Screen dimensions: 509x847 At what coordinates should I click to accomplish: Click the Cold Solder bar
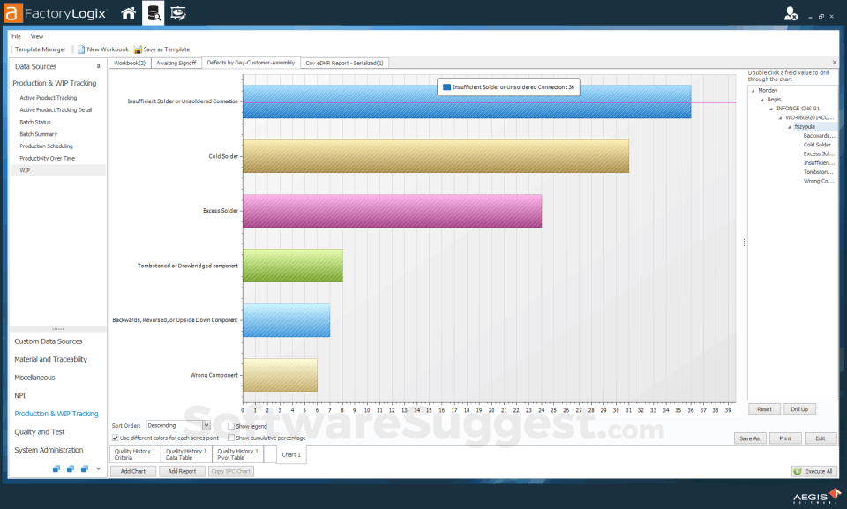point(435,156)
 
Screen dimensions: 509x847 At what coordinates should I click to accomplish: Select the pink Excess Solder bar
point(392,211)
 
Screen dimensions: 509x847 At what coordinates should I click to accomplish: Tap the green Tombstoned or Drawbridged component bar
point(292,266)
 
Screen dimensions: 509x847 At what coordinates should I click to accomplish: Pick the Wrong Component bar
point(280,375)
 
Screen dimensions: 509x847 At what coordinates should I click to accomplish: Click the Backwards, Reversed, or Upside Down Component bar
point(286,320)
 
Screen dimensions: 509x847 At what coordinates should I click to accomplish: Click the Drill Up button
point(799,409)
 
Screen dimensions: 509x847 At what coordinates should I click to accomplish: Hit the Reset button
point(764,409)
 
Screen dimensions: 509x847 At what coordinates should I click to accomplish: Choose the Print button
point(785,438)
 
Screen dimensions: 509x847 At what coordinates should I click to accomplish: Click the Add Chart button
point(132,471)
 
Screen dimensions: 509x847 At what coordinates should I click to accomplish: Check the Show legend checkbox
point(231,426)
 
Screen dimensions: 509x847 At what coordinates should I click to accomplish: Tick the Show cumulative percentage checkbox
point(231,438)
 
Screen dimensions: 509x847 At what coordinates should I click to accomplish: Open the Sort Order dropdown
point(206,425)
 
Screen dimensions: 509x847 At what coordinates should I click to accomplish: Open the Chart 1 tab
point(291,454)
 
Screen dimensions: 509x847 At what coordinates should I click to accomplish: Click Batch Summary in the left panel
point(39,134)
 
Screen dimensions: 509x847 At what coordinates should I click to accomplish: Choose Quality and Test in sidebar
point(40,432)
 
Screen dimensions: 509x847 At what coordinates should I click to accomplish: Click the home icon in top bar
point(129,13)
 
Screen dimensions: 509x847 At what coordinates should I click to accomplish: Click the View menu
point(37,36)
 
